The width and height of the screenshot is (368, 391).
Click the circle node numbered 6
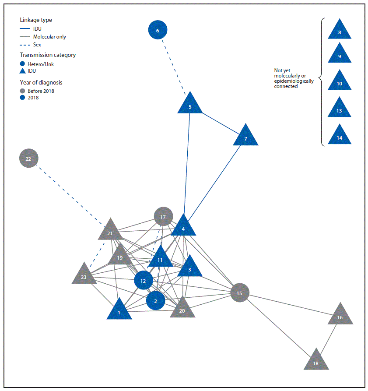point(158,31)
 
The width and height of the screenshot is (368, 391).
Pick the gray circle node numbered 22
point(28,159)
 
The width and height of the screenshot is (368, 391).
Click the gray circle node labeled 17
point(163,217)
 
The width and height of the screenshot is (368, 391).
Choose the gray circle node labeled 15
point(239,293)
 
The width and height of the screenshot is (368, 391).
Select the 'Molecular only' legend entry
point(49,37)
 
